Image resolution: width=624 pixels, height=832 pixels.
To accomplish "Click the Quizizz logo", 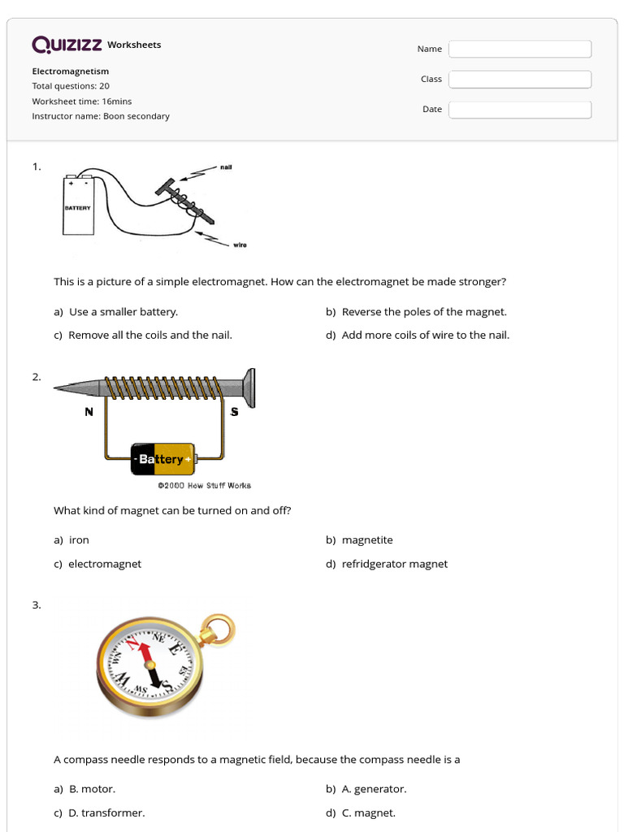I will pos(67,45).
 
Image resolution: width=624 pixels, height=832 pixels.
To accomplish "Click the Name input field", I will pos(520,49).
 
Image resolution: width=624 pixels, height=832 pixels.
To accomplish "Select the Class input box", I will pos(520,79).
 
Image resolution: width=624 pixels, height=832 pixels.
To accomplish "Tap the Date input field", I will pos(520,109).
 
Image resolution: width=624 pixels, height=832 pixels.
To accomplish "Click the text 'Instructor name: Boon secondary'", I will pos(101,116).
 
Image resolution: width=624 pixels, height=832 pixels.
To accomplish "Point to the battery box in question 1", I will pos(79,206).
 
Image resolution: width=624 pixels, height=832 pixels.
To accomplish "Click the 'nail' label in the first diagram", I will pos(226,167).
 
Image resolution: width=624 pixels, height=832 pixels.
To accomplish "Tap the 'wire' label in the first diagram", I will pos(240,245).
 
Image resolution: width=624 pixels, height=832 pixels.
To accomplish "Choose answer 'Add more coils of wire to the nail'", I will pos(425,335).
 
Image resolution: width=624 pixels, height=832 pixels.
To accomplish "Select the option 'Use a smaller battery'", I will pos(123,311).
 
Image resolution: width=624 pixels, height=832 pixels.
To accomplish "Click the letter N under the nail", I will pos(89,412).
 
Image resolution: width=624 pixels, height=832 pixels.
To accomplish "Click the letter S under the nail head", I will pos(235,412).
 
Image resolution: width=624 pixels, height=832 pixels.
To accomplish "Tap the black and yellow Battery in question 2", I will pos(163,459).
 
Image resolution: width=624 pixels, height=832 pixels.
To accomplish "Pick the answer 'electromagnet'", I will pos(104,564).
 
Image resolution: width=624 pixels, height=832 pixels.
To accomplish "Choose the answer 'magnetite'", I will pos(366,539).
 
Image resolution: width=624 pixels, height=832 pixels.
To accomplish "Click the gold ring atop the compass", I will pos(218,628).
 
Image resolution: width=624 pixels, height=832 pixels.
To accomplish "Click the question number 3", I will pos(37,604).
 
